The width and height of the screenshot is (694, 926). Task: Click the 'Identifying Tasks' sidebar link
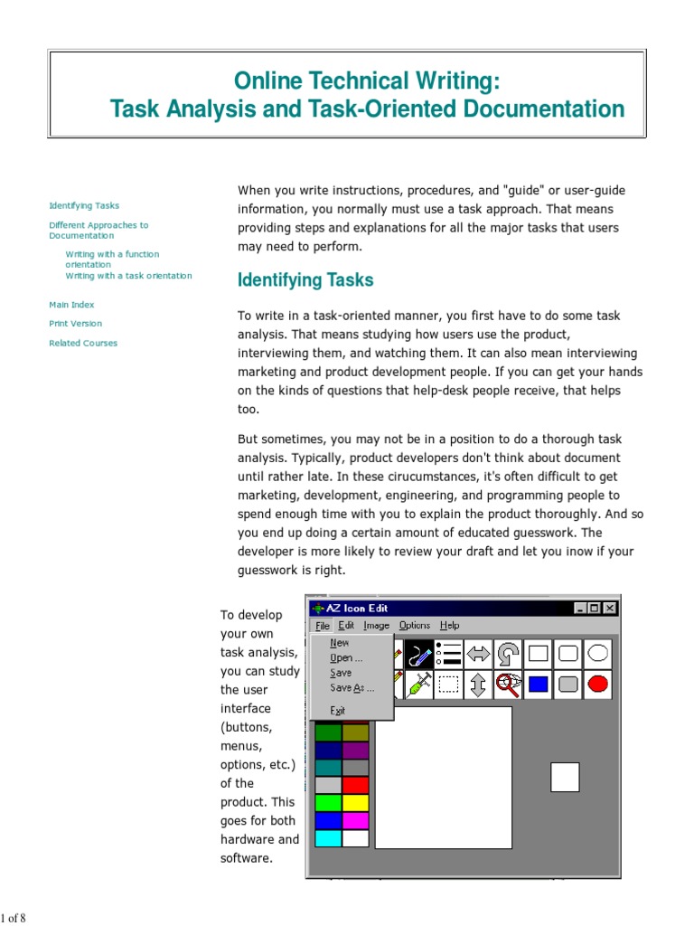tap(84, 205)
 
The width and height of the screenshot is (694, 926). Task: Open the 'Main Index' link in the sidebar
tap(71, 305)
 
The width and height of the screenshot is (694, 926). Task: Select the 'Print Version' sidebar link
tap(75, 323)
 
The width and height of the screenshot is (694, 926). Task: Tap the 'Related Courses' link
tap(83, 343)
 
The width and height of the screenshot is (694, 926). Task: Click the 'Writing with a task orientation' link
tap(128, 276)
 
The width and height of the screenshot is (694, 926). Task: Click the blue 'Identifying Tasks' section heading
tap(305, 280)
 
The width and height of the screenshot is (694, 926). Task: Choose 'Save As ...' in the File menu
tap(352, 688)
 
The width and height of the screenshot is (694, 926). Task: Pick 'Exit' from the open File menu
tap(338, 711)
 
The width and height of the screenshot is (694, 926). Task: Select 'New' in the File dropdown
tap(340, 643)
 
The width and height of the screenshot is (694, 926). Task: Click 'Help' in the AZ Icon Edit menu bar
tap(449, 625)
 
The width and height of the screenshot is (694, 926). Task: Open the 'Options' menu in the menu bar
tap(415, 625)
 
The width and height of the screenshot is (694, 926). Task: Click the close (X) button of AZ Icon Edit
tap(610, 609)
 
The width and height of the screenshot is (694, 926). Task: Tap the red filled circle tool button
tap(597, 685)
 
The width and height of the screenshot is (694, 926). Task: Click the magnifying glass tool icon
tap(509, 685)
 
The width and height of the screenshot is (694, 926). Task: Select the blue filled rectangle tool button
tap(539, 685)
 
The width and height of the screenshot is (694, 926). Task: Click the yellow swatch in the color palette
tap(356, 802)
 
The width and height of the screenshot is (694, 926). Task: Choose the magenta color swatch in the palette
tap(356, 820)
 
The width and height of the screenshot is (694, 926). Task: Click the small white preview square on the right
tap(565, 777)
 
